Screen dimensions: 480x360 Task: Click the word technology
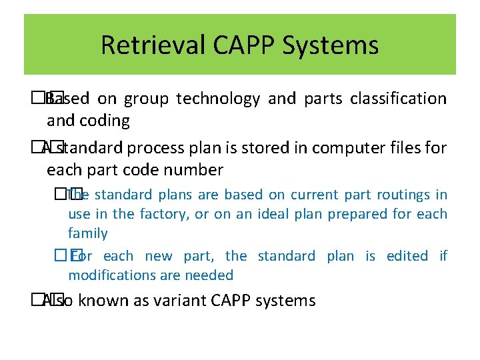[217, 99]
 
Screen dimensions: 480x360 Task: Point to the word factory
[164, 214]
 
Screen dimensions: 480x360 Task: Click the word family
[87, 233]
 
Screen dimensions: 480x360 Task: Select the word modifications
[111, 275]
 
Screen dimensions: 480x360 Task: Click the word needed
[209, 275]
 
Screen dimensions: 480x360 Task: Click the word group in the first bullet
[145, 100]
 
